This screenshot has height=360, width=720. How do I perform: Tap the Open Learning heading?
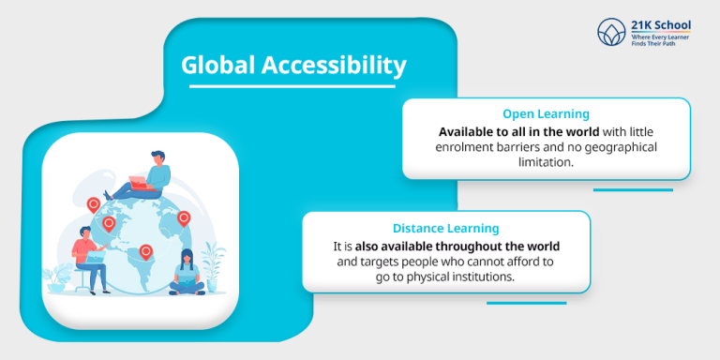pos(546,114)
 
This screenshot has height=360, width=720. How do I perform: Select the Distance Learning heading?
pos(445,228)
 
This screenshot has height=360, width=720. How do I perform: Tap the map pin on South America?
pos(146,251)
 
